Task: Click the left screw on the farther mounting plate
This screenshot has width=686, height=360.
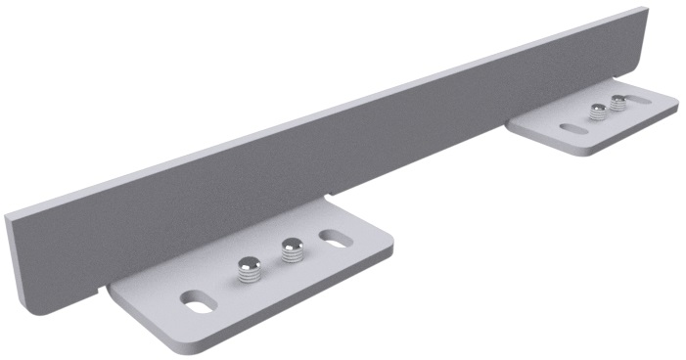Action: [x=597, y=112]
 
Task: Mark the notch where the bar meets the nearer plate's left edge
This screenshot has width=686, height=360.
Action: [x=106, y=289]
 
